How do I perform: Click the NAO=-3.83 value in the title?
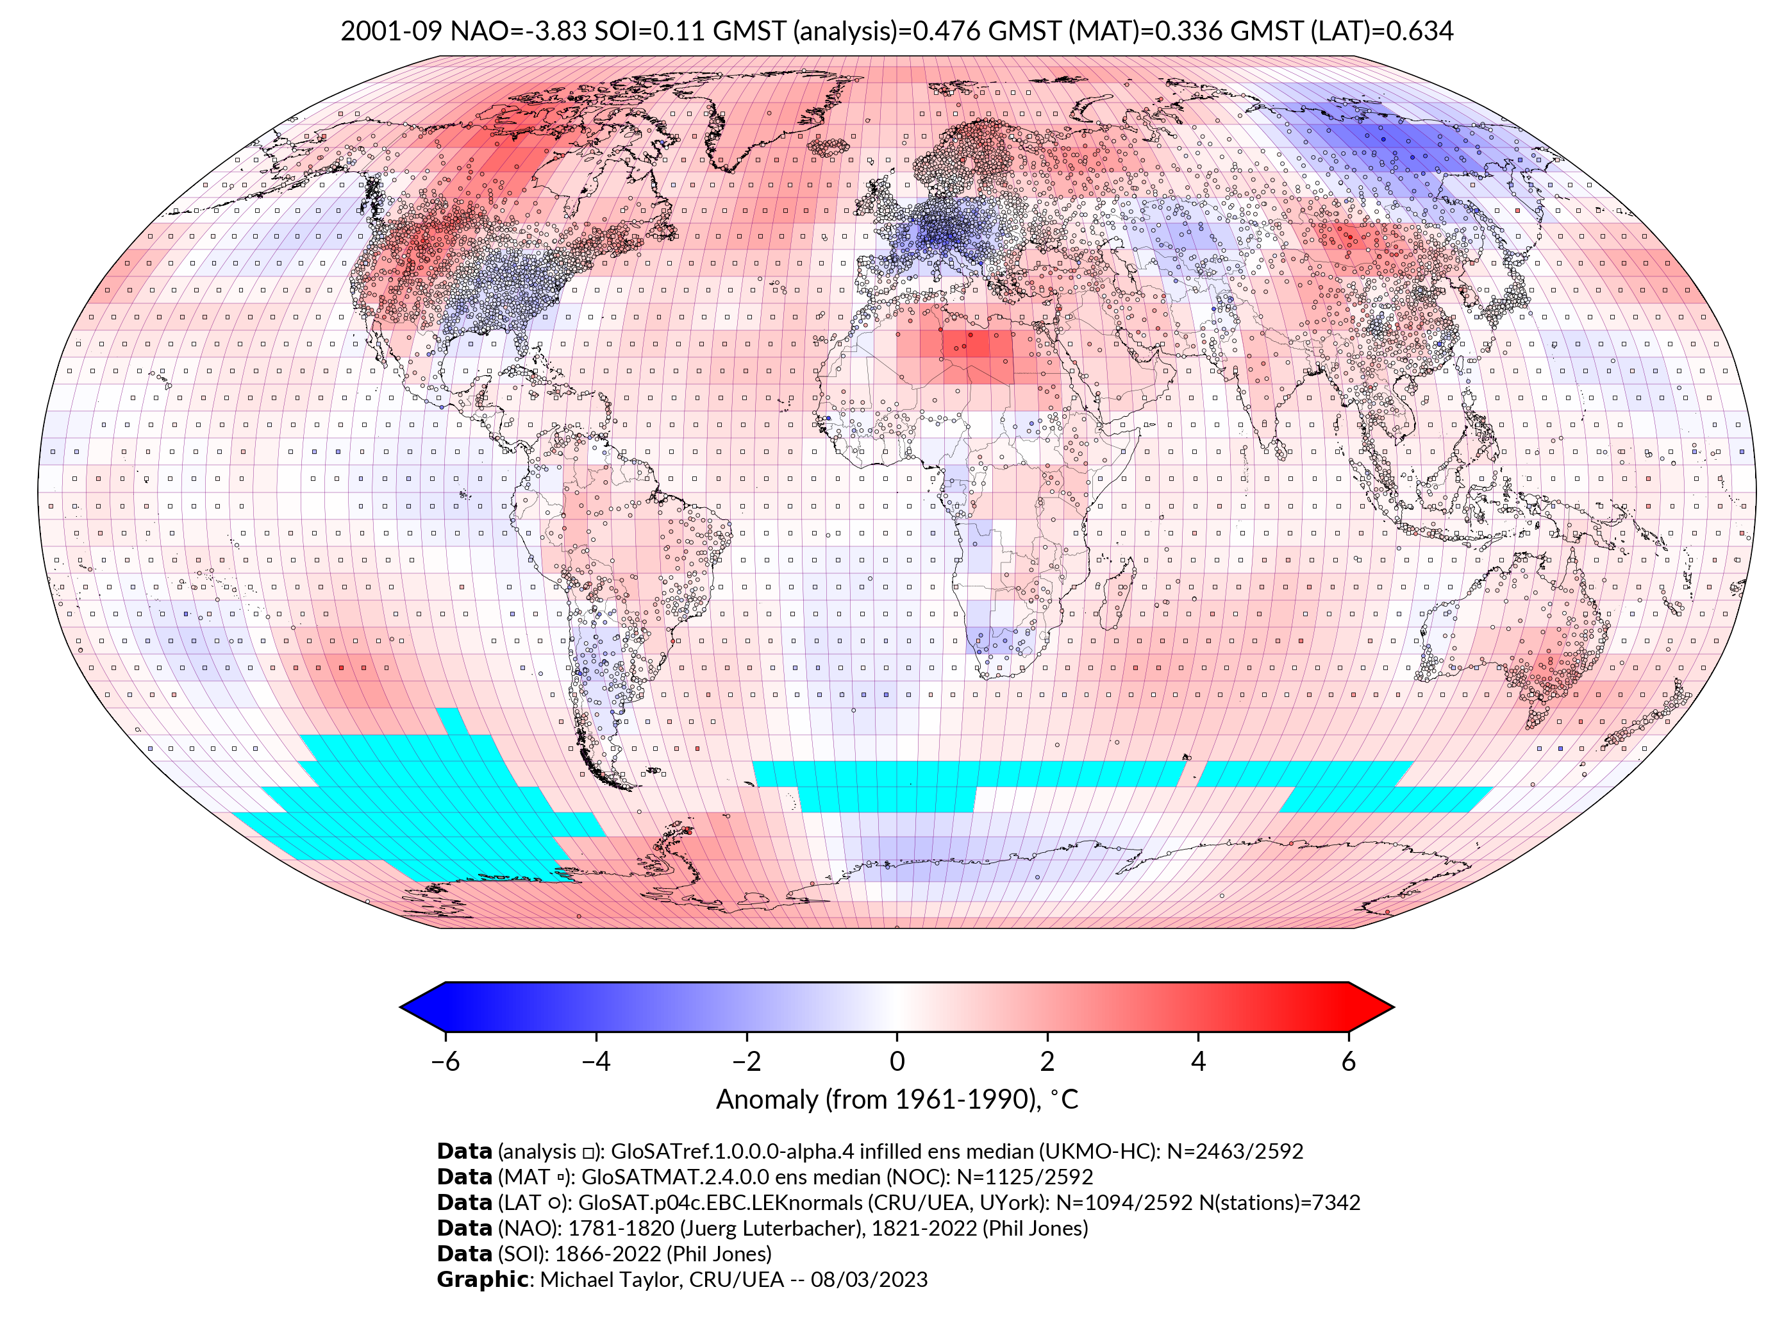(518, 31)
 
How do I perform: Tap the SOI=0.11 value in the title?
(649, 31)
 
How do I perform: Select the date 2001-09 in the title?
(390, 31)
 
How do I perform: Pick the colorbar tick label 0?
(896, 1061)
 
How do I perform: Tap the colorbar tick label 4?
(1198, 1061)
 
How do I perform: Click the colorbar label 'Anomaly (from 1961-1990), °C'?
(896, 1100)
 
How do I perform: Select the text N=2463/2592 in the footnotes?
(1234, 1152)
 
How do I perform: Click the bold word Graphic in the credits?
(481, 1279)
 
